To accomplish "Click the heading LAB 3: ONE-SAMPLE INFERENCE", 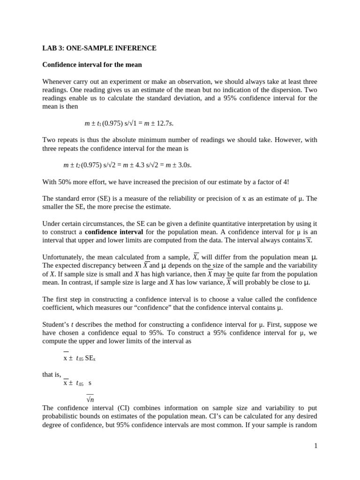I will click(99, 48).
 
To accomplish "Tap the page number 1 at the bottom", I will click(316, 446).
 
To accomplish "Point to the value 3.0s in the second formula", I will click(183, 165).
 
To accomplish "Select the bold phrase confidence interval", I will click(114, 232).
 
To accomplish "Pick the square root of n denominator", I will click(90, 400).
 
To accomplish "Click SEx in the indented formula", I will click(91, 358).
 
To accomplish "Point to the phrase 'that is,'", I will click(52, 375).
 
